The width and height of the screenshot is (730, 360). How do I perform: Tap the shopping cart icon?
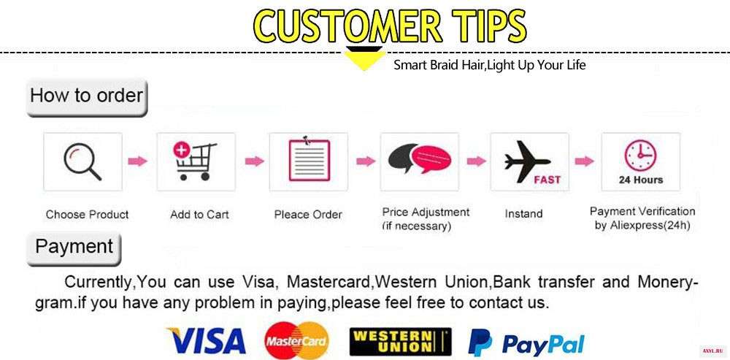pyautogui.click(x=196, y=161)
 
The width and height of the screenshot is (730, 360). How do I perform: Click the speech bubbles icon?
pyautogui.click(x=420, y=158)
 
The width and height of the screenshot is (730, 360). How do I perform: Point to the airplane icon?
pyautogui.click(x=528, y=161)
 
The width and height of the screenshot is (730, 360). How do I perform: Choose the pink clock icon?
pyautogui.click(x=640, y=156)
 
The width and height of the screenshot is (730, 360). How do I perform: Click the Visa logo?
pyautogui.click(x=207, y=340)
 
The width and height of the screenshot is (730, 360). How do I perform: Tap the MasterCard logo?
pyautogui.click(x=296, y=341)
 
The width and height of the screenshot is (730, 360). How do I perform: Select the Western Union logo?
pyautogui.click(x=400, y=342)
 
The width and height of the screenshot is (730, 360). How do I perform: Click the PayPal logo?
pyautogui.click(x=526, y=342)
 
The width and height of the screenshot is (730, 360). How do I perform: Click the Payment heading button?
pyautogui.click(x=74, y=249)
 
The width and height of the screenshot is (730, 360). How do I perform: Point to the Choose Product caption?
pyautogui.click(x=87, y=215)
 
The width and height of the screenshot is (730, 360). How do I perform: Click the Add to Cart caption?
pyautogui.click(x=199, y=215)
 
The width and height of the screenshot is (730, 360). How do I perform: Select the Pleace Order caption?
pyautogui.click(x=308, y=215)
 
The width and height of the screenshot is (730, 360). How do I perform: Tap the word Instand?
pyautogui.click(x=523, y=214)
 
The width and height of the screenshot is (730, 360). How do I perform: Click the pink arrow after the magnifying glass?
pyautogui.click(x=137, y=161)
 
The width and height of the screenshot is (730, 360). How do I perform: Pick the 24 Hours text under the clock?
pyautogui.click(x=641, y=180)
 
